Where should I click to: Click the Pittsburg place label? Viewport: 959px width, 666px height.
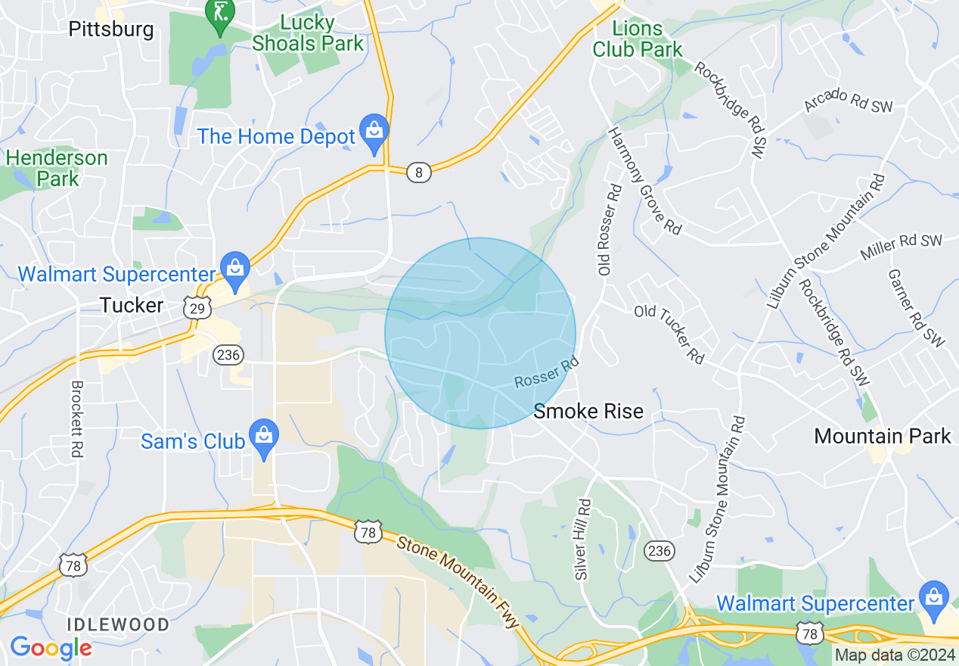pyautogui.click(x=110, y=30)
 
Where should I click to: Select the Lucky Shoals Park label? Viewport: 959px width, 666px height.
pyautogui.click(x=308, y=33)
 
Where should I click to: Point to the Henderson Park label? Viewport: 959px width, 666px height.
pyautogui.click(x=57, y=168)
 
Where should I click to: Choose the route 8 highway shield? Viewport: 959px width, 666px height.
pyautogui.click(x=418, y=173)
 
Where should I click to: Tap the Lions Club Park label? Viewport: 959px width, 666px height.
pyautogui.click(x=637, y=39)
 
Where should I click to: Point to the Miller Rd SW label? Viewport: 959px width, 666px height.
pyautogui.click(x=901, y=247)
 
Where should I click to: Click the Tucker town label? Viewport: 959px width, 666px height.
pyautogui.click(x=132, y=305)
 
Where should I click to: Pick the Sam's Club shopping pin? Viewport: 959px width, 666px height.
pyautogui.click(x=263, y=438)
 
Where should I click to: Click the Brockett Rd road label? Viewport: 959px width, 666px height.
pyautogui.click(x=76, y=419)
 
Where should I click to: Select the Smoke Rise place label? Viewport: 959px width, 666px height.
pyautogui.click(x=588, y=411)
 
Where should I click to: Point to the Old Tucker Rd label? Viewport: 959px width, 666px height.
pyautogui.click(x=669, y=334)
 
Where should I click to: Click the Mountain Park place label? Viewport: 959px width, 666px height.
pyautogui.click(x=882, y=436)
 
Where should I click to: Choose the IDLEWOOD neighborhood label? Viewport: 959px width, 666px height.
pyautogui.click(x=118, y=624)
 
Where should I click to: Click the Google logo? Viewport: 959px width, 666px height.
pyautogui.click(x=50, y=648)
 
